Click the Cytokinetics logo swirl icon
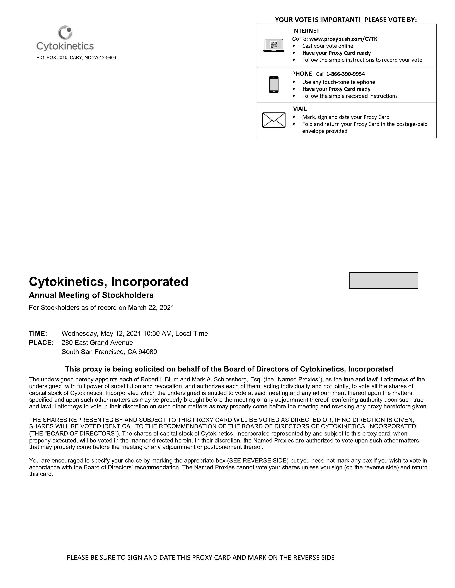pyautogui.click(x=65, y=33)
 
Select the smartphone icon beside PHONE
pyautogui.click(x=274, y=85)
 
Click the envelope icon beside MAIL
pyautogui.click(x=274, y=120)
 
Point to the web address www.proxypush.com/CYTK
pyautogui.click(x=343, y=39)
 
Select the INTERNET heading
pyautogui.click(x=306, y=31)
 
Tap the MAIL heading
pyautogui.click(x=299, y=109)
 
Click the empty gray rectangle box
pyautogui.click(x=383, y=280)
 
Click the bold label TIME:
pyautogui.click(x=38, y=334)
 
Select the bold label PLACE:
pyautogui.click(x=41, y=343)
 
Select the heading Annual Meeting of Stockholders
pyautogui.click(x=91, y=295)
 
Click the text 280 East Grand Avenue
pyautogui.click(x=97, y=343)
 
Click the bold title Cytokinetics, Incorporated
pyautogui.click(x=108, y=282)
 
